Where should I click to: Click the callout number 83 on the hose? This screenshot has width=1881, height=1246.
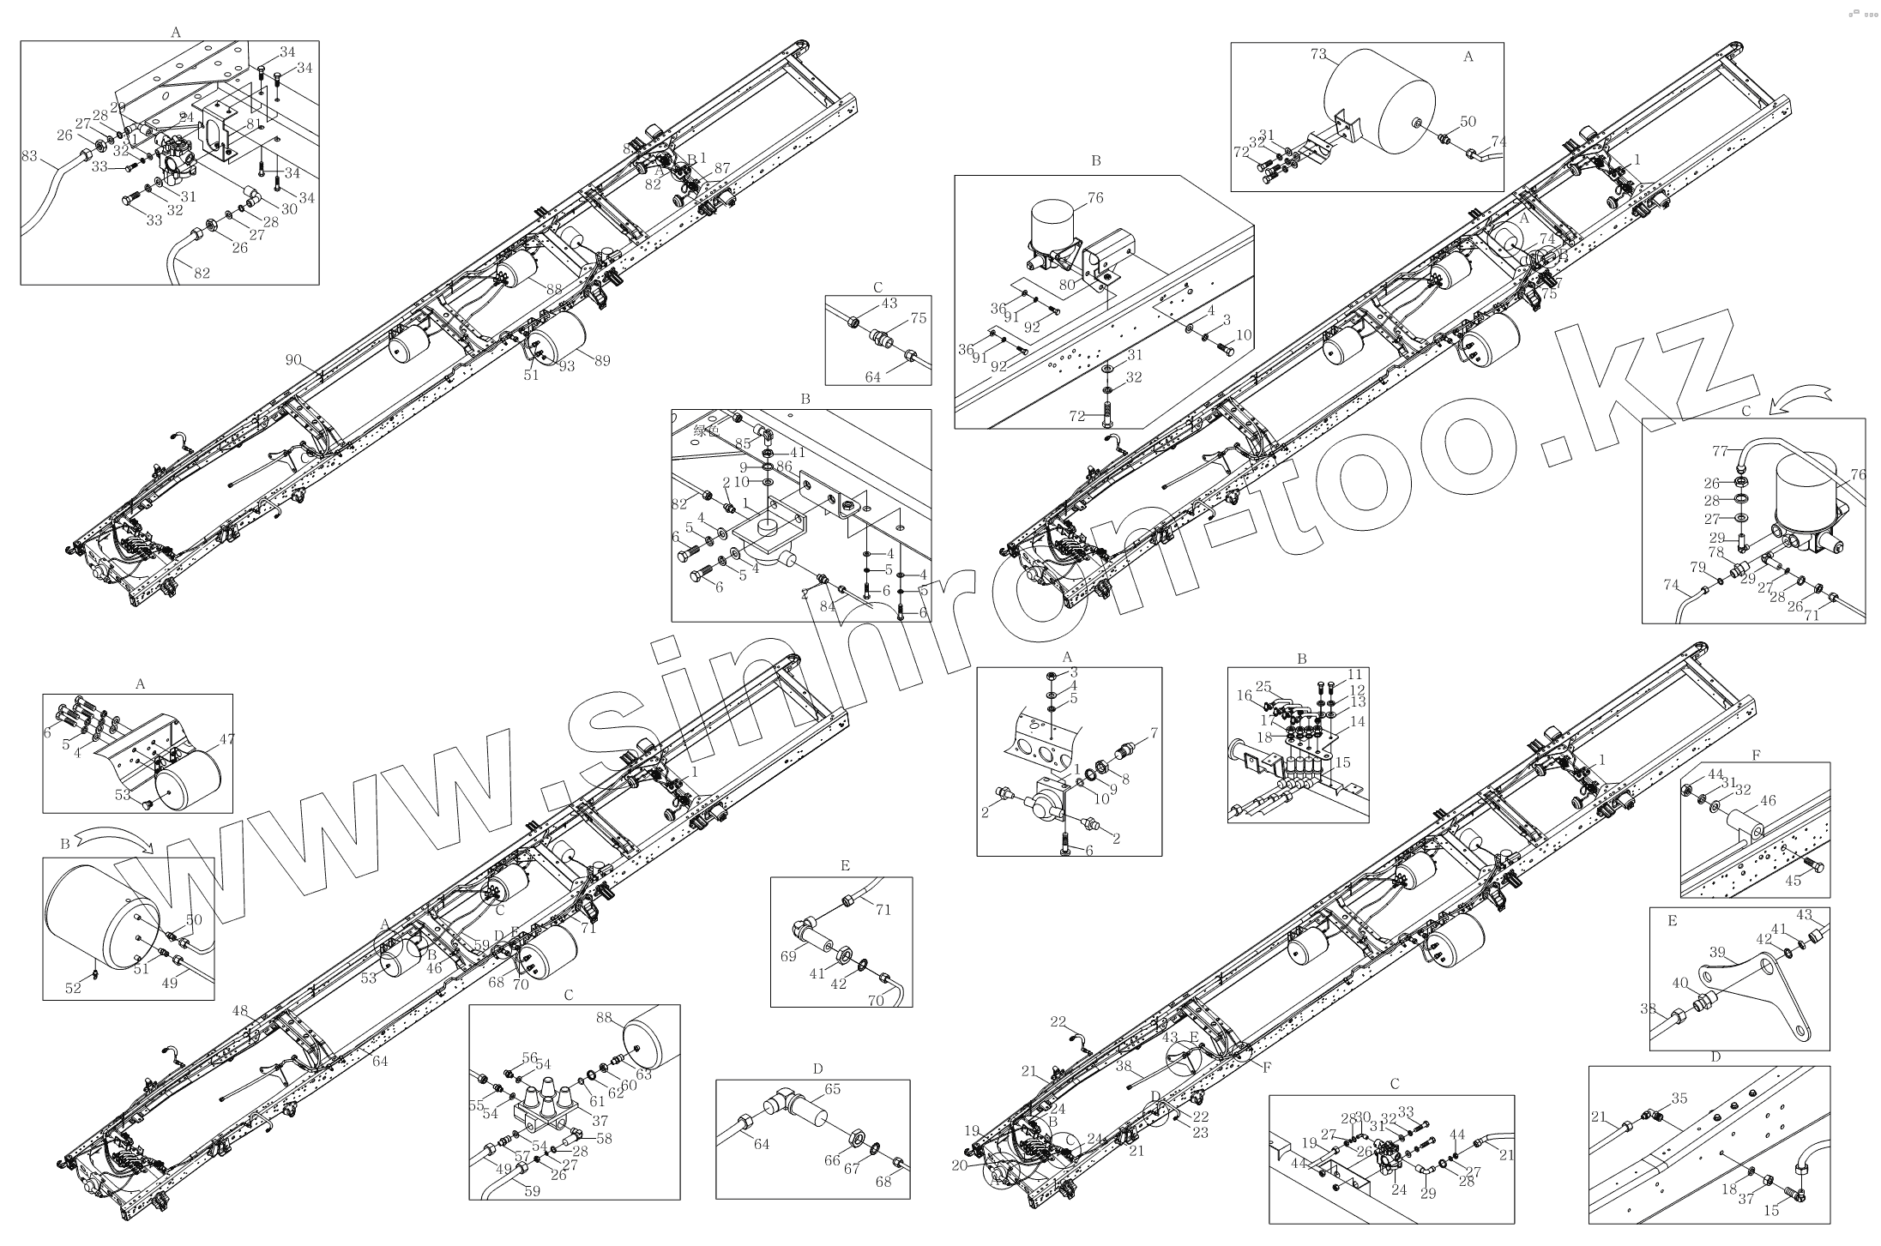29,156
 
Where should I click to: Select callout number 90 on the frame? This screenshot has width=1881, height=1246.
294,360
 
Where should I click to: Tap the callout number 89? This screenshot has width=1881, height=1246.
602,361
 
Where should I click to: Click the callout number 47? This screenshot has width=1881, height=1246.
226,738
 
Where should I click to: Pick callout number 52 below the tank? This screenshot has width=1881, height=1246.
73,989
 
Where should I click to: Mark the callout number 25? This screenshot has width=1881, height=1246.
1263,686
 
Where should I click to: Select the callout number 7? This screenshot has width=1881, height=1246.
1154,733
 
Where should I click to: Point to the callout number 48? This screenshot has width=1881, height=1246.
239,1011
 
